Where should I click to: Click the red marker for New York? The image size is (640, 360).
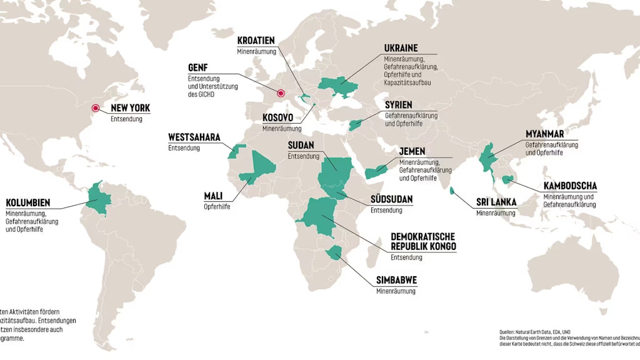96,107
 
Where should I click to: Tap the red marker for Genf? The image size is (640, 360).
281,94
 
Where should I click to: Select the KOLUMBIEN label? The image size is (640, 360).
27,203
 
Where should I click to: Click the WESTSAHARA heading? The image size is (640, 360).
194,137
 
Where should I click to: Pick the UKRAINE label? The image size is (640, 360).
401,48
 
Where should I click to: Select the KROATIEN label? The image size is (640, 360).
256,41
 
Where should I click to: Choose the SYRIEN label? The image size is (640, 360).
398,105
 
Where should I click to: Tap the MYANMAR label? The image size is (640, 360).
544,134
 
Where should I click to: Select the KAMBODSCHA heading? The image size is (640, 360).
569,186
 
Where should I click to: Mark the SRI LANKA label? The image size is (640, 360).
496,202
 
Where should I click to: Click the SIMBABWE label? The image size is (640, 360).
397,280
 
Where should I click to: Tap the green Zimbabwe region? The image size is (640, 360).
336,252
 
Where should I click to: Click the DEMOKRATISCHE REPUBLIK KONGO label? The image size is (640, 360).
422,241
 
